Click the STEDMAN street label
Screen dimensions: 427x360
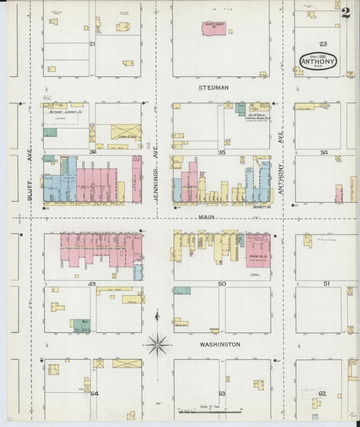click(213, 88)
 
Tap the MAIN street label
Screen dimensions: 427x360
click(207, 218)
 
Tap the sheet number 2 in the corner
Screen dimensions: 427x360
click(345, 12)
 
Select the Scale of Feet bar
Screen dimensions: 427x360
click(209, 410)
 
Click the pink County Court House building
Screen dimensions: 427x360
click(215, 28)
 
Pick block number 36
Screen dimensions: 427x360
click(93, 153)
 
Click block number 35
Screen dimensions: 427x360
click(222, 153)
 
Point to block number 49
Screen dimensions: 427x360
click(93, 284)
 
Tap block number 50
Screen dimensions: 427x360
click(222, 284)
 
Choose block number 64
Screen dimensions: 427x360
click(94, 393)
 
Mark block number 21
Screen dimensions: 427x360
click(93, 44)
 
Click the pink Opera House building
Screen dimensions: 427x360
click(258, 250)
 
